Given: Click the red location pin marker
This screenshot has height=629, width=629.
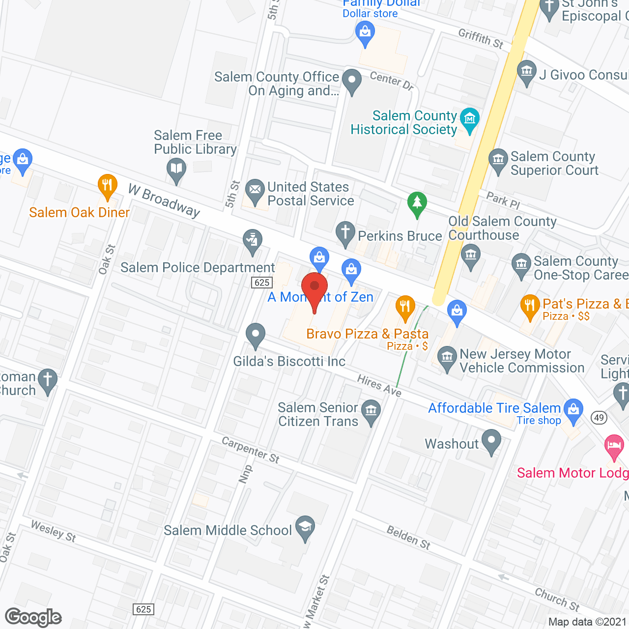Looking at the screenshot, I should (x=314, y=287).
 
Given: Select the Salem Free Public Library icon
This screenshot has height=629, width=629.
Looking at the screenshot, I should (x=176, y=169).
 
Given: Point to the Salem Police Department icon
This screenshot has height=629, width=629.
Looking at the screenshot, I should (x=253, y=241).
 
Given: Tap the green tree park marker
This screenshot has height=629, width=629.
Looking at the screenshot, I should (x=417, y=202).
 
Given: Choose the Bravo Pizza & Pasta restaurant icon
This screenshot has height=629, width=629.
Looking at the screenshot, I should (x=405, y=307).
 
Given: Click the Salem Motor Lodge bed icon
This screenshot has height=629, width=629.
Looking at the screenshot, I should (x=614, y=446).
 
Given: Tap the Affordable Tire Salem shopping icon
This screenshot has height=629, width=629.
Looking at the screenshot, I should (x=573, y=409).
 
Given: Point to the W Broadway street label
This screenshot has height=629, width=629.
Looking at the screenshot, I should (x=164, y=200).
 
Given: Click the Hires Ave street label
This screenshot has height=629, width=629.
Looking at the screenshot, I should (x=379, y=385).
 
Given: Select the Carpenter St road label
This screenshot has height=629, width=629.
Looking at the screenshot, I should (x=251, y=450).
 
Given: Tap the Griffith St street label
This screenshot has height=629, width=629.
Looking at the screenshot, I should (x=481, y=39).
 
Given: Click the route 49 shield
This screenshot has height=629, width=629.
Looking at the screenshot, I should (x=599, y=418).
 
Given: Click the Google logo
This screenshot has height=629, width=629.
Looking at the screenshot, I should (x=33, y=617).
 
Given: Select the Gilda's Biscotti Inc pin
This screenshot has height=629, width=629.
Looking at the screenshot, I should (x=256, y=334).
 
